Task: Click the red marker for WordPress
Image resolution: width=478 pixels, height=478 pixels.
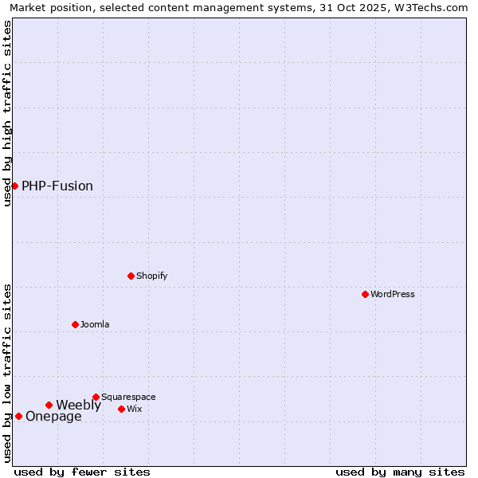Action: pos(365,294)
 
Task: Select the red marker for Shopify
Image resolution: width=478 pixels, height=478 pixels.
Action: pos(131,276)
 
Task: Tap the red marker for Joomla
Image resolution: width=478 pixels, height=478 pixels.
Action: pos(75,324)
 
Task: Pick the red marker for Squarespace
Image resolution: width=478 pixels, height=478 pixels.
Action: pos(96,397)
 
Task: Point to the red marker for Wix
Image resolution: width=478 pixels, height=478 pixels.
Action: pos(121,409)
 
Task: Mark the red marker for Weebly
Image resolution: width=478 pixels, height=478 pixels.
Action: pos(49,405)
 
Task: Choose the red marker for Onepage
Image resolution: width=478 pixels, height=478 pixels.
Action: pos(18,416)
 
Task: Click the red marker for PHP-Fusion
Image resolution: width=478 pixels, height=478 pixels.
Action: pos(14,186)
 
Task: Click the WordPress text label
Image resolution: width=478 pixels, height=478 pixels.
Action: pos(393,294)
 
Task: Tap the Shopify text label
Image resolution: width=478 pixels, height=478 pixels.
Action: pos(152,276)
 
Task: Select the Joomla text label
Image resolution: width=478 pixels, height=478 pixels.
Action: pos(95,324)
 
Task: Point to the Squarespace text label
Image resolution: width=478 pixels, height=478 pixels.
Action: pos(128,397)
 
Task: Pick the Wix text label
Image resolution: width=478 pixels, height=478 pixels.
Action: pos(135,409)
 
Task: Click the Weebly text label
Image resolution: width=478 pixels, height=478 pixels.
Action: pos(78,405)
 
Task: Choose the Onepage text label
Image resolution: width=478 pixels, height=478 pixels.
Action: pos(53,416)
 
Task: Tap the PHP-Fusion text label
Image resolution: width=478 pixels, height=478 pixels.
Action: pos(57,186)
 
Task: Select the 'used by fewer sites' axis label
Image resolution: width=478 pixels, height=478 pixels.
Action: pos(82,472)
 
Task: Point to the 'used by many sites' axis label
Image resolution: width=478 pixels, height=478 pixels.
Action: pos(400,472)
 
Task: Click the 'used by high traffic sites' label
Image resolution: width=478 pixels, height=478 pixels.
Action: pos(7,113)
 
